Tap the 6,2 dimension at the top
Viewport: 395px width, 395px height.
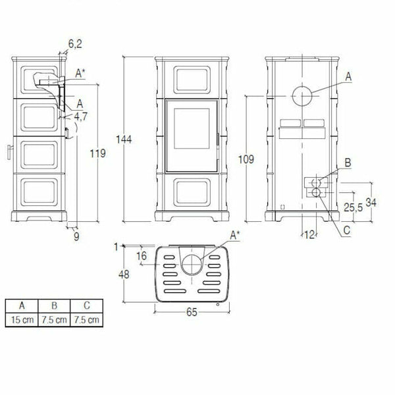(76, 45)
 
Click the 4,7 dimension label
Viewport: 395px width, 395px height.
(81, 117)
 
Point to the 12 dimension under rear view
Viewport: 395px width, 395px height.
(309, 234)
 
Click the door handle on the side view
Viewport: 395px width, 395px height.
(9, 151)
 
